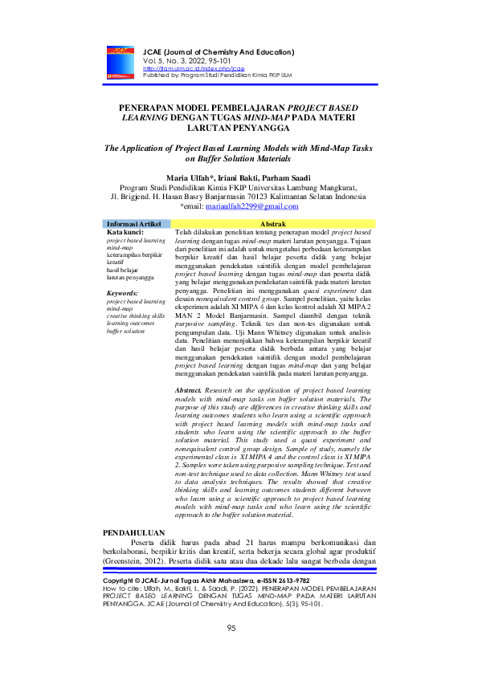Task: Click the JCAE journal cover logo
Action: click(x=121, y=62)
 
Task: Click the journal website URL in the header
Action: click(x=182, y=70)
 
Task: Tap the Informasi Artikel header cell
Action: click(x=133, y=223)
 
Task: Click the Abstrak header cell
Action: click(x=274, y=223)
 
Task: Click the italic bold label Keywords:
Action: click(x=123, y=293)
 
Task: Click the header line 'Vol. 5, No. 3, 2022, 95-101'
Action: click(x=178, y=62)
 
